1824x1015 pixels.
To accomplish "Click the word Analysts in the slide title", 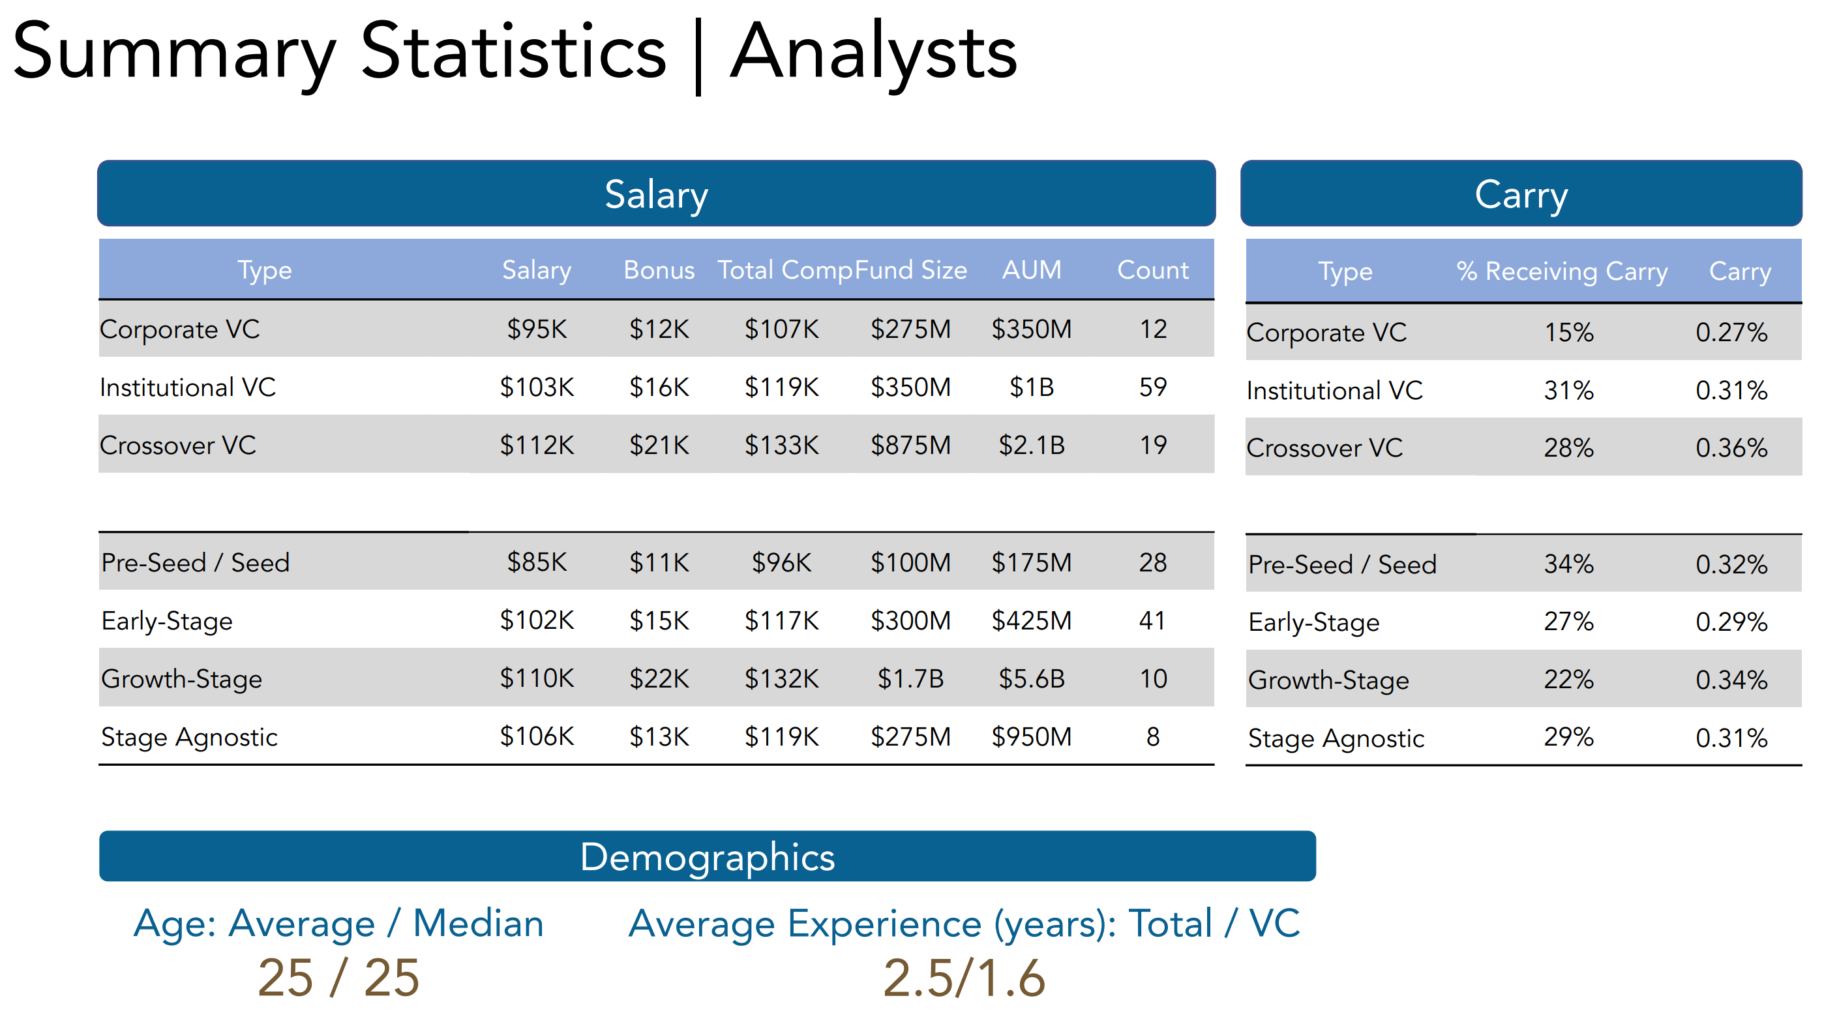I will [x=873, y=53].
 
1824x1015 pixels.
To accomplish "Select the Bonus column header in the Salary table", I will [x=659, y=270].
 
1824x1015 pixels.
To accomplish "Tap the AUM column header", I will [x=1031, y=270].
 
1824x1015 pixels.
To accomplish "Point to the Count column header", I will [x=1152, y=270].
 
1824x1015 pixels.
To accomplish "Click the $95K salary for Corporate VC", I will [x=537, y=329].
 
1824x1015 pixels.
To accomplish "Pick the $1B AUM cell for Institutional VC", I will [x=1031, y=387].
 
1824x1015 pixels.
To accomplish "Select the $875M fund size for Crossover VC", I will [x=910, y=446].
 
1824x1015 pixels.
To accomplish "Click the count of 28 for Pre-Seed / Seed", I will [x=1152, y=562].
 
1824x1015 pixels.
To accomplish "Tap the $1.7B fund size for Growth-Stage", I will [x=910, y=678].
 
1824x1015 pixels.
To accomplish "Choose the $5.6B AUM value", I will [x=1031, y=678].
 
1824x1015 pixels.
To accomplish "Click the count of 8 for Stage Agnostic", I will [x=1152, y=736].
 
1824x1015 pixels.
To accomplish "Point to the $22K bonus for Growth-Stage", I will [x=659, y=678].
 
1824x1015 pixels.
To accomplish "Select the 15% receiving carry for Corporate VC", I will [x=1568, y=332].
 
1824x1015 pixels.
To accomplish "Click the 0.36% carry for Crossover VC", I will [x=1731, y=447].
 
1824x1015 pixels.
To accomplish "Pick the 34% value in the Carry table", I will [x=1568, y=564].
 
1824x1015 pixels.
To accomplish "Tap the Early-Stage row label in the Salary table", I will [x=167, y=621].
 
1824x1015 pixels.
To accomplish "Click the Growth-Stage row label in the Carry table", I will [x=1328, y=680].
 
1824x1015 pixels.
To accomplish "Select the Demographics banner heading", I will [x=707, y=857].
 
